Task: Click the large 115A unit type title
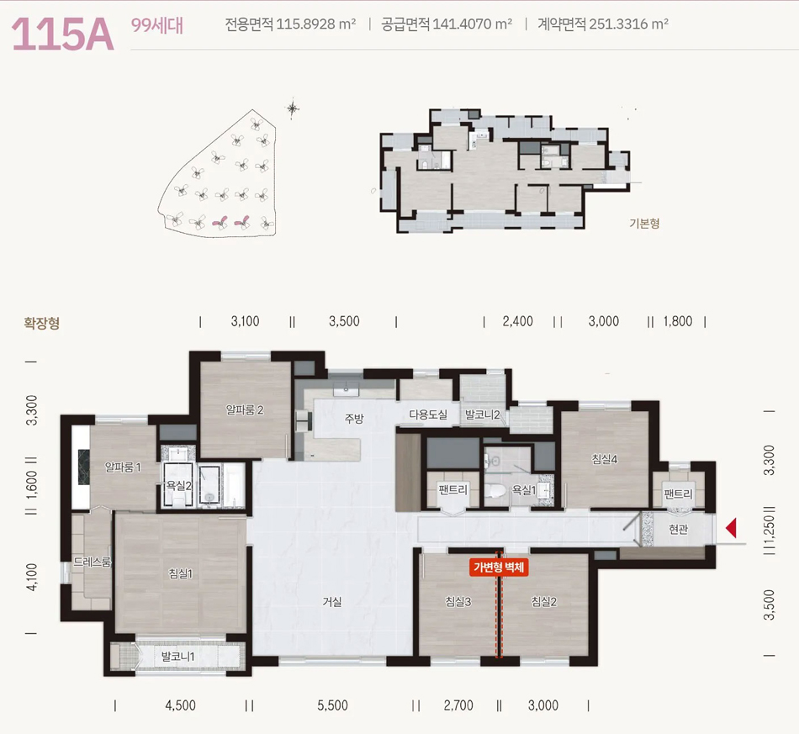tap(63, 34)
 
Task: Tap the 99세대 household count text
tap(157, 25)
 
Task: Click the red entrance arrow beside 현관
tap(731, 528)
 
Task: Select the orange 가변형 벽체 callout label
tap(499, 567)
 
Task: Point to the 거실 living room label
tap(331, 601)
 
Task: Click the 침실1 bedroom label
tap(180, 573)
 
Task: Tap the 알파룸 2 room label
tap(245, 409)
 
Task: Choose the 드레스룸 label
tap(92, 562)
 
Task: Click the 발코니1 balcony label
tap(177, 656)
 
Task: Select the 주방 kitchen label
tap(353, 418)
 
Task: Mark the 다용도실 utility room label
tap(428, 415)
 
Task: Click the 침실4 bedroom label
tap(605, 459)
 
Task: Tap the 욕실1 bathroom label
tap(524, 490)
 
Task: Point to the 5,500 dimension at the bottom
tap(332, 705)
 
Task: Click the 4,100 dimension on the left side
tap(32, 577)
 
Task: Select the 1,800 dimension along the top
tap(678, 321)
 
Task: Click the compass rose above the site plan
tap(293, 108)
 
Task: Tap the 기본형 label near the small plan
tap(644, 223)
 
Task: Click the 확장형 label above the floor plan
tap(42, 323)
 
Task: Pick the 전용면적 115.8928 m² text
tap(290, 24)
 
